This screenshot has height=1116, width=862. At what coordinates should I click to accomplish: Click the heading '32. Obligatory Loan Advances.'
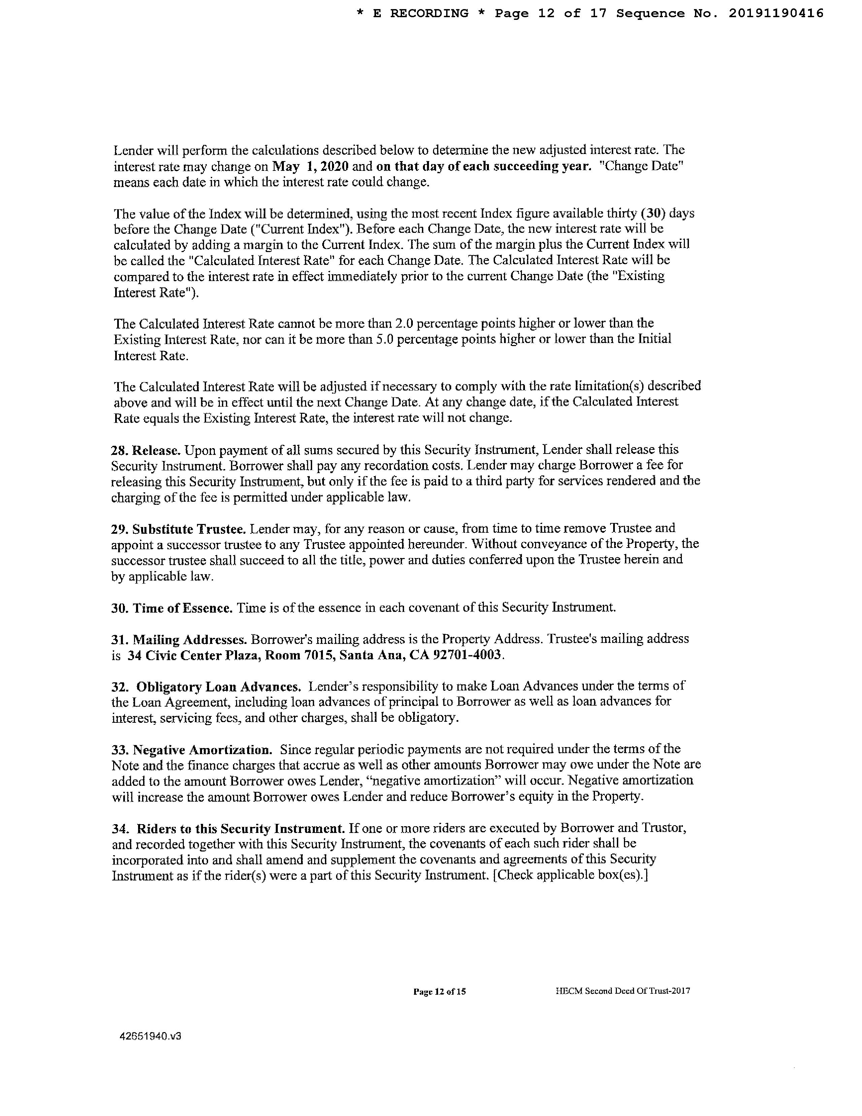(206, 686)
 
